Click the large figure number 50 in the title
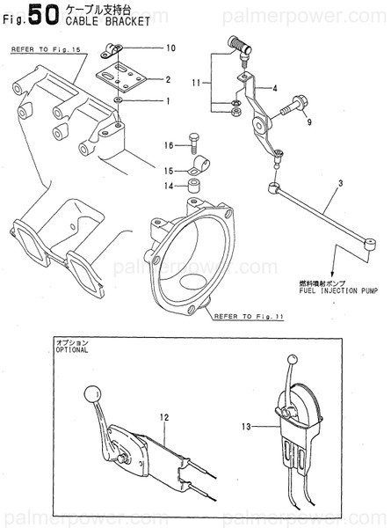tap(35, 16)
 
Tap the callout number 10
tap(170, 48)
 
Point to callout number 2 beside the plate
tap(168, 80)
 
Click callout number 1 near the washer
tap(168, 101)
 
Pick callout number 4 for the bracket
tap(274, 89)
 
